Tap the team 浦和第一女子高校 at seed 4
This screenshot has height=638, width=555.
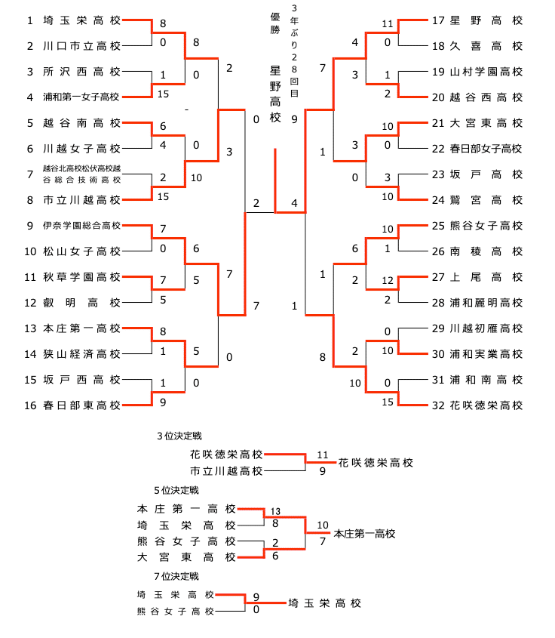point(81,97)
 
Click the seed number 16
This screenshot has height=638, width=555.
point(30,405)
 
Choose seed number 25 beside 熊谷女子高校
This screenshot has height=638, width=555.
point(438,226)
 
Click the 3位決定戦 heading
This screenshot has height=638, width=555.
point(179,436)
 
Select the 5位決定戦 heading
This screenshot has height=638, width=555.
point(176,490)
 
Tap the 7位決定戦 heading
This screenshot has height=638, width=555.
point(176,576)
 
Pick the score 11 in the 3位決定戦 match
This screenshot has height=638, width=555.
point(323,455)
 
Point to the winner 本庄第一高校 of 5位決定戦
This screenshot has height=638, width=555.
point(364,533)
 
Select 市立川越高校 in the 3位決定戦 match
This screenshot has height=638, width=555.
point(226,471)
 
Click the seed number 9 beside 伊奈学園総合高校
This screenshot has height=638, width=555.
point(30,226)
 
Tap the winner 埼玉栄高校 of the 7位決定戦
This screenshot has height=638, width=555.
point(324,603)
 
